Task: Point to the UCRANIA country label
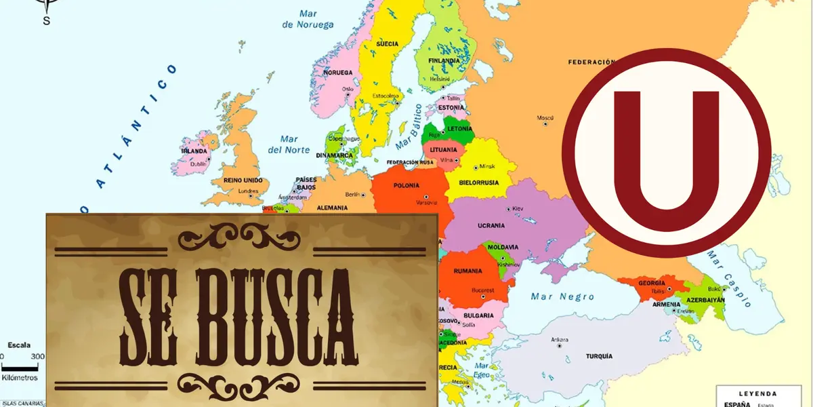(x=491, y=225)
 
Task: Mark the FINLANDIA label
(x=444, y=60)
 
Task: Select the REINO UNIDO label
(x=242, y=181)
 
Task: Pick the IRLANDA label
(x=193, y=151)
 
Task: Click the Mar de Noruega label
(x=308, y=19)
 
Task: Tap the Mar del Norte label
(x=289, y=144)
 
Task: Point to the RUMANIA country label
(x=467, y=271)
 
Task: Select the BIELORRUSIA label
(x=479, y=182)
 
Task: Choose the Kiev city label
(x=518, y=208)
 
